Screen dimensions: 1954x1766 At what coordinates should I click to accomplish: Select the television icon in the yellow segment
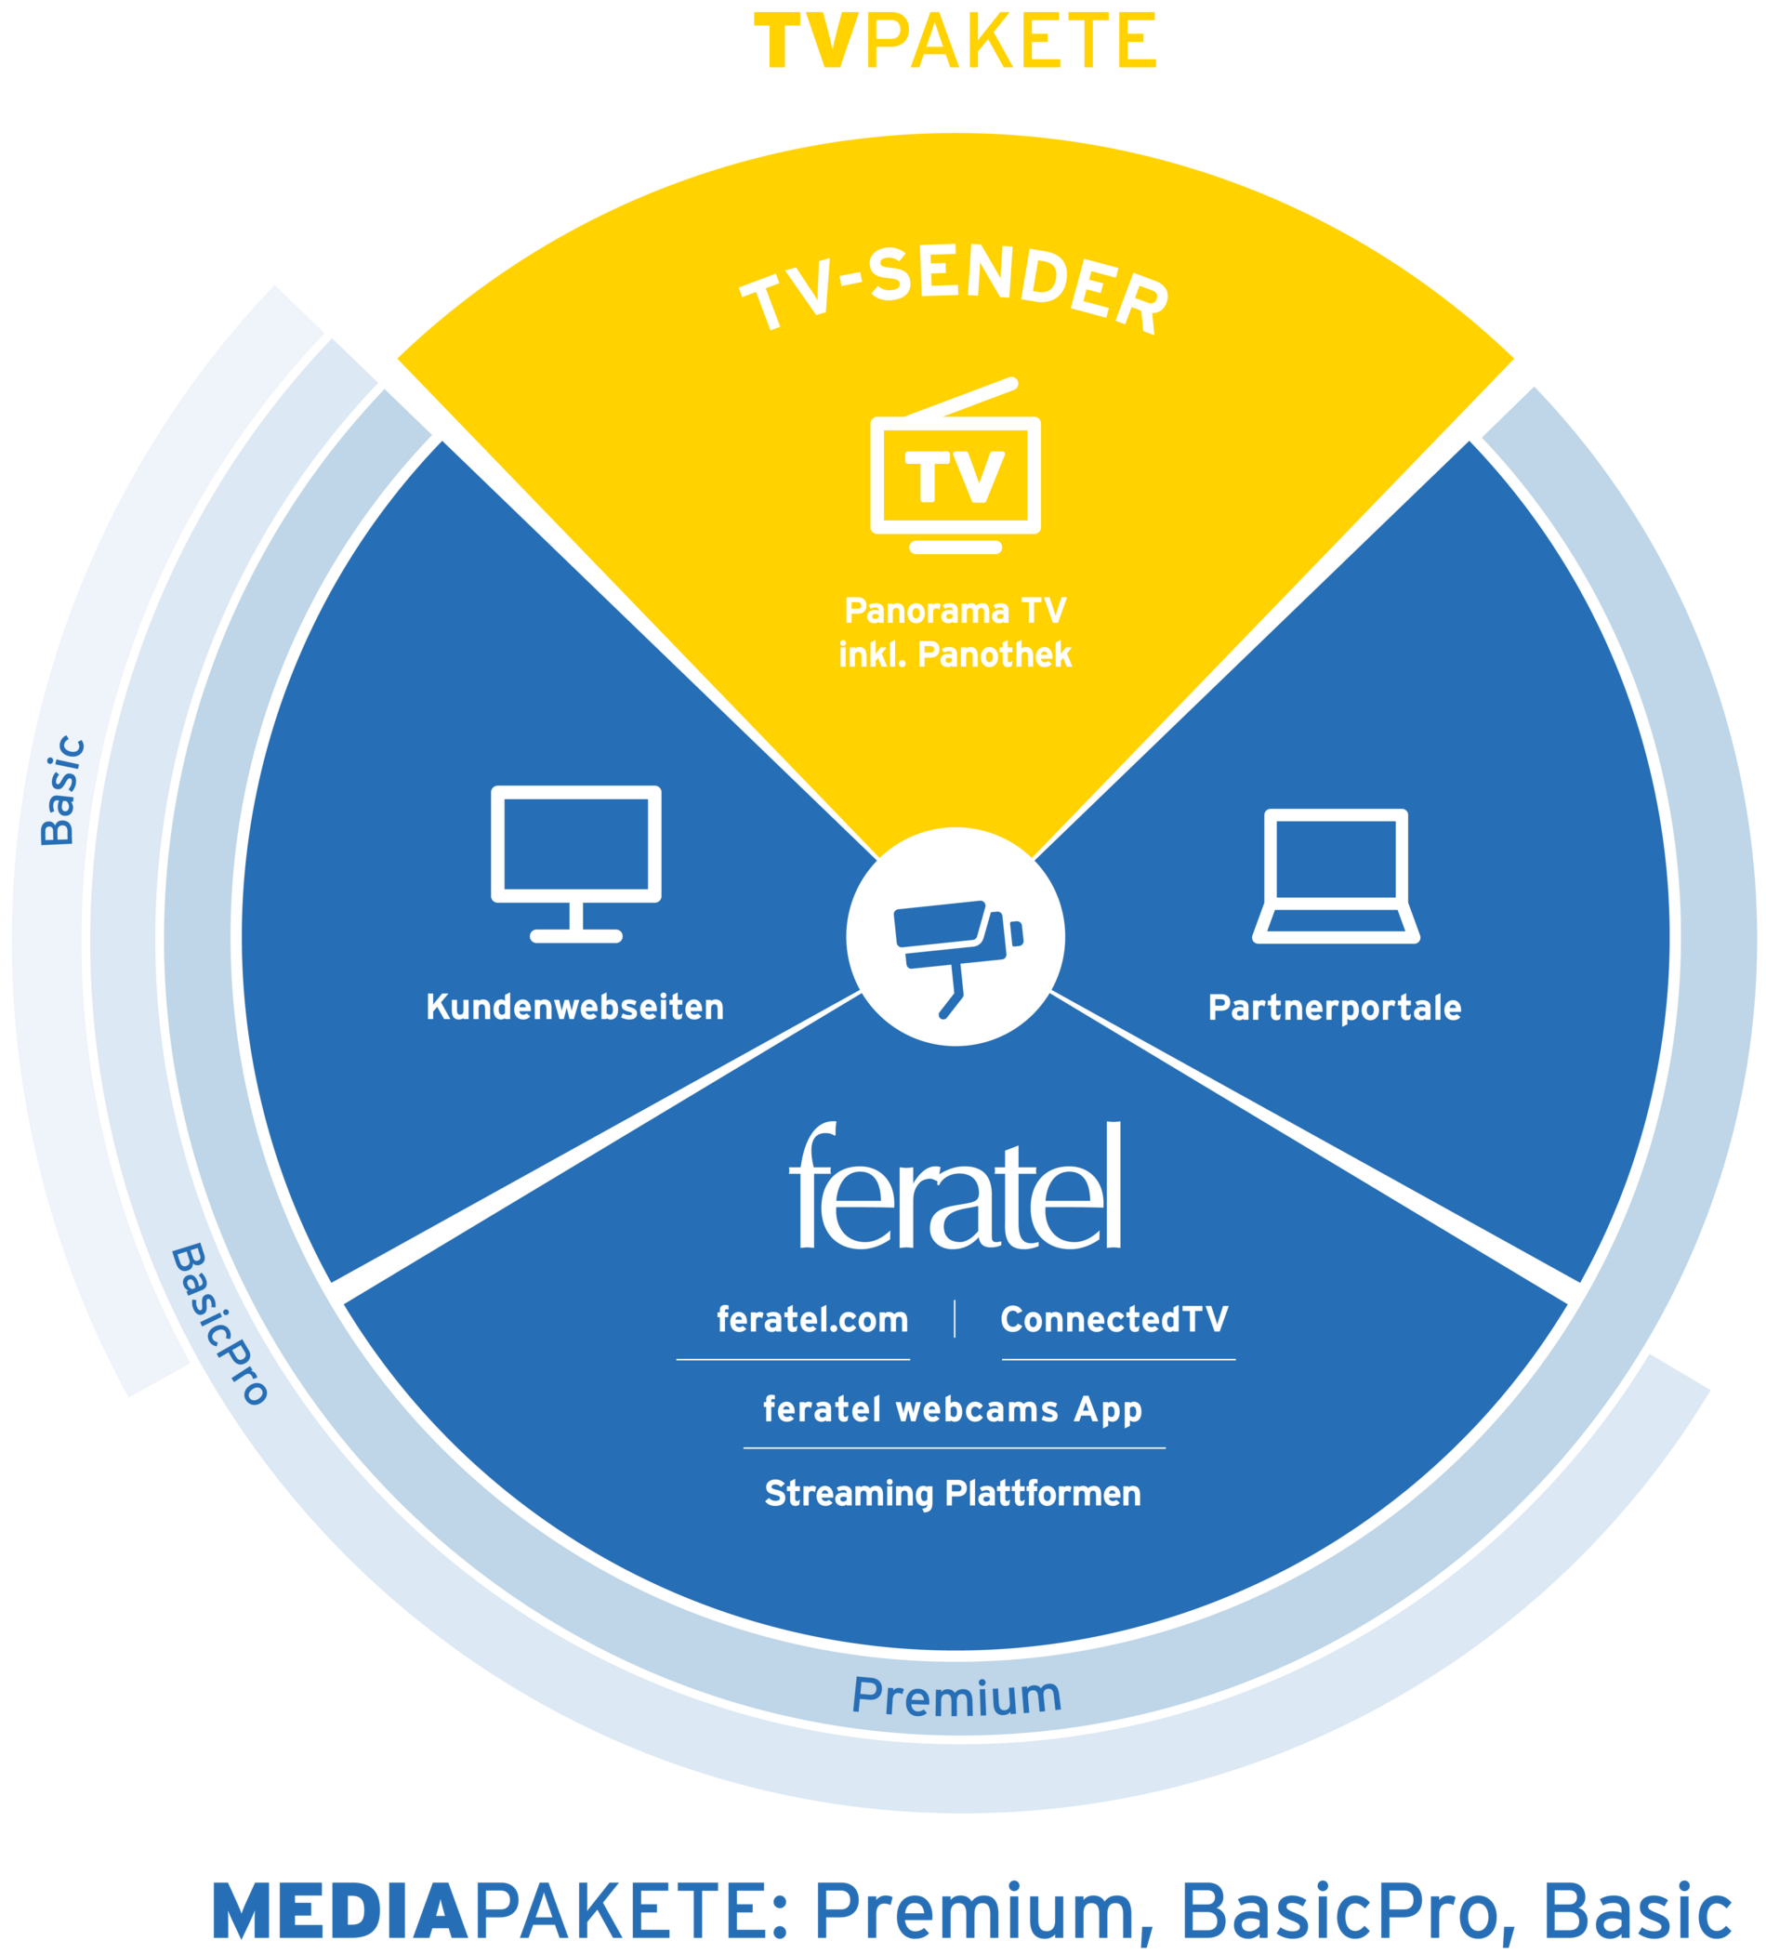(955, 469)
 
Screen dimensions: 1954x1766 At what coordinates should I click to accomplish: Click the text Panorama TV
(955, 612)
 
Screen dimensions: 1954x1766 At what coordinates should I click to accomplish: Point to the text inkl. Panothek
(955, 655)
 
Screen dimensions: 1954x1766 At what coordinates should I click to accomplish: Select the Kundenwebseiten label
(574, 1007)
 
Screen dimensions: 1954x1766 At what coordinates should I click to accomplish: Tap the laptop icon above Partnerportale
(1336, 876)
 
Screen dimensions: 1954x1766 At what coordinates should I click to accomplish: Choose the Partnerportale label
(1335, 1008)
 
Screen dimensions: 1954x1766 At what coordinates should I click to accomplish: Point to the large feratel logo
(955, 1188)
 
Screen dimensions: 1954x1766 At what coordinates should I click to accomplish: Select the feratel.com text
(812, 1320)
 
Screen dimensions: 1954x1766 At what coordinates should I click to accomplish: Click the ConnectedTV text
(1114, 1319)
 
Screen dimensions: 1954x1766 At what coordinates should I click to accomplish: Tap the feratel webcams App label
(953, 1409)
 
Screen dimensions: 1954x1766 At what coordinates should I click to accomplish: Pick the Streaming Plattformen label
(953, 1494)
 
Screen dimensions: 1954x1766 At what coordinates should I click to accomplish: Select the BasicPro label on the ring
(219, 1325)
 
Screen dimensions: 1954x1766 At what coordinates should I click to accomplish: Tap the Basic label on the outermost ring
(63, 791)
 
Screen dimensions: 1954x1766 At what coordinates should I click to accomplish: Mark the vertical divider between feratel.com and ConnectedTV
(955, 1319)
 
